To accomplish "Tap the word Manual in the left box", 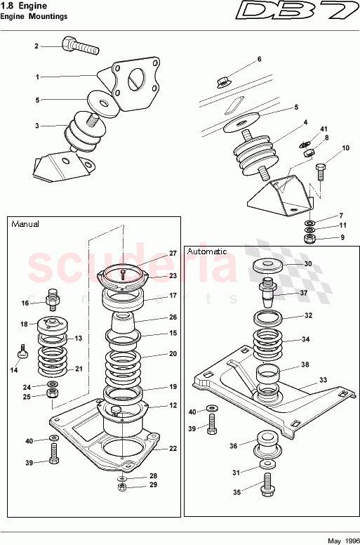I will tap(25, 224).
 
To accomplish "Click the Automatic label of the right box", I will tap(207, 251).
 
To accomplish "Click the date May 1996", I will tap(343, 540).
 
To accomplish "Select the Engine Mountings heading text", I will tap(34, 15).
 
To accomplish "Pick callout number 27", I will tap(173, 254).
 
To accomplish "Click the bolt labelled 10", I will tap(321, 170).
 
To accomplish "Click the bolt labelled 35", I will tap(267, 486).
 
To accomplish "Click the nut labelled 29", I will tap(121, 485).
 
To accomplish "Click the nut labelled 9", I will tap(309, 239).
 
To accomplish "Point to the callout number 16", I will tap(25, 303).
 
